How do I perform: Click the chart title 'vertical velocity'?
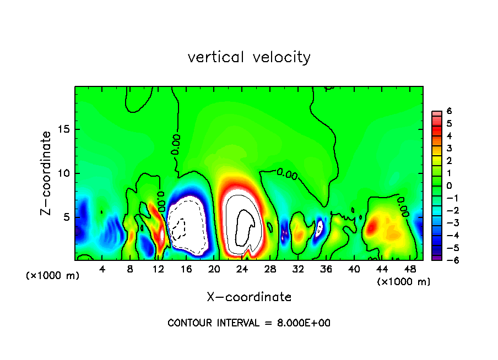pyautogui.click(x=249, y=57)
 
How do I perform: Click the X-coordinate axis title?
pyautogui.click(x=249, y=297)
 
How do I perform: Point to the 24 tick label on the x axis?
pyautogui.click(x=242, y=269)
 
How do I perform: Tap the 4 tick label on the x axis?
pyautogui.click(x=102, y=269)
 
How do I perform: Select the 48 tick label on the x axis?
pyautogui.click(x=410, y=269)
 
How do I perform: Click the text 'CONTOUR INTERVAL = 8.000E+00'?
pyautogui.click(x=249, y=323)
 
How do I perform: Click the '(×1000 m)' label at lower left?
pyautogui.click(x=53, y=276)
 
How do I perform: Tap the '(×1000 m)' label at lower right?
pyautogui.click(x=404, y=282)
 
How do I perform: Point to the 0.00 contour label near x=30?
pyautogui.click(x=286, y=174)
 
